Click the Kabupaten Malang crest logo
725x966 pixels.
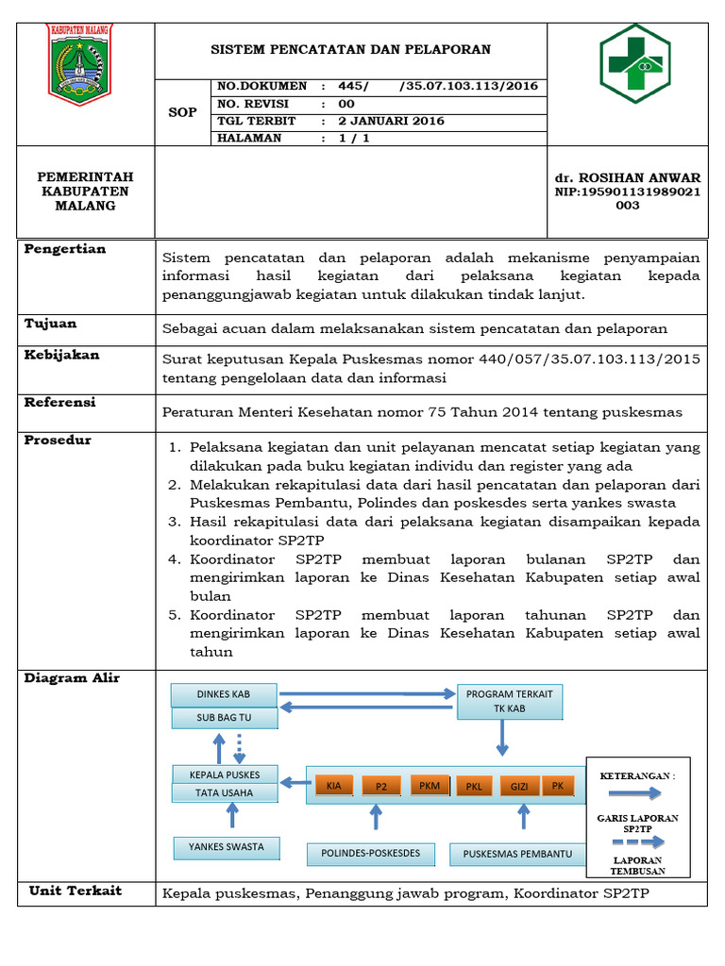coord(79,64)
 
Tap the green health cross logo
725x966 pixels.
coord(634,63)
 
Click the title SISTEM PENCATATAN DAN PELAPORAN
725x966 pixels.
coord(349,49)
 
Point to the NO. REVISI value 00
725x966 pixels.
coord(346,104)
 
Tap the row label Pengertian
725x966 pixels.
coord(65,249)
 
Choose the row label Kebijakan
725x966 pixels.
coord(61,355)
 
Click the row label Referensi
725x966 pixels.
coord(60,402)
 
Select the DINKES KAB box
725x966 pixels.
coord(224,694)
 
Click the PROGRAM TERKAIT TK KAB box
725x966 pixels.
coord(509,701)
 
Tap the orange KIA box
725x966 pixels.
coord(333,785)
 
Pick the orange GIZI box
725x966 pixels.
coord(519,786)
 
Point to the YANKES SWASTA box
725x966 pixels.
coord(226,846)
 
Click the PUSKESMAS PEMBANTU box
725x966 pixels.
coord(517,854)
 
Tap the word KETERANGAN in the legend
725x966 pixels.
coord(637,775)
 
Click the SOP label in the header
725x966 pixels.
coord(182,112)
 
